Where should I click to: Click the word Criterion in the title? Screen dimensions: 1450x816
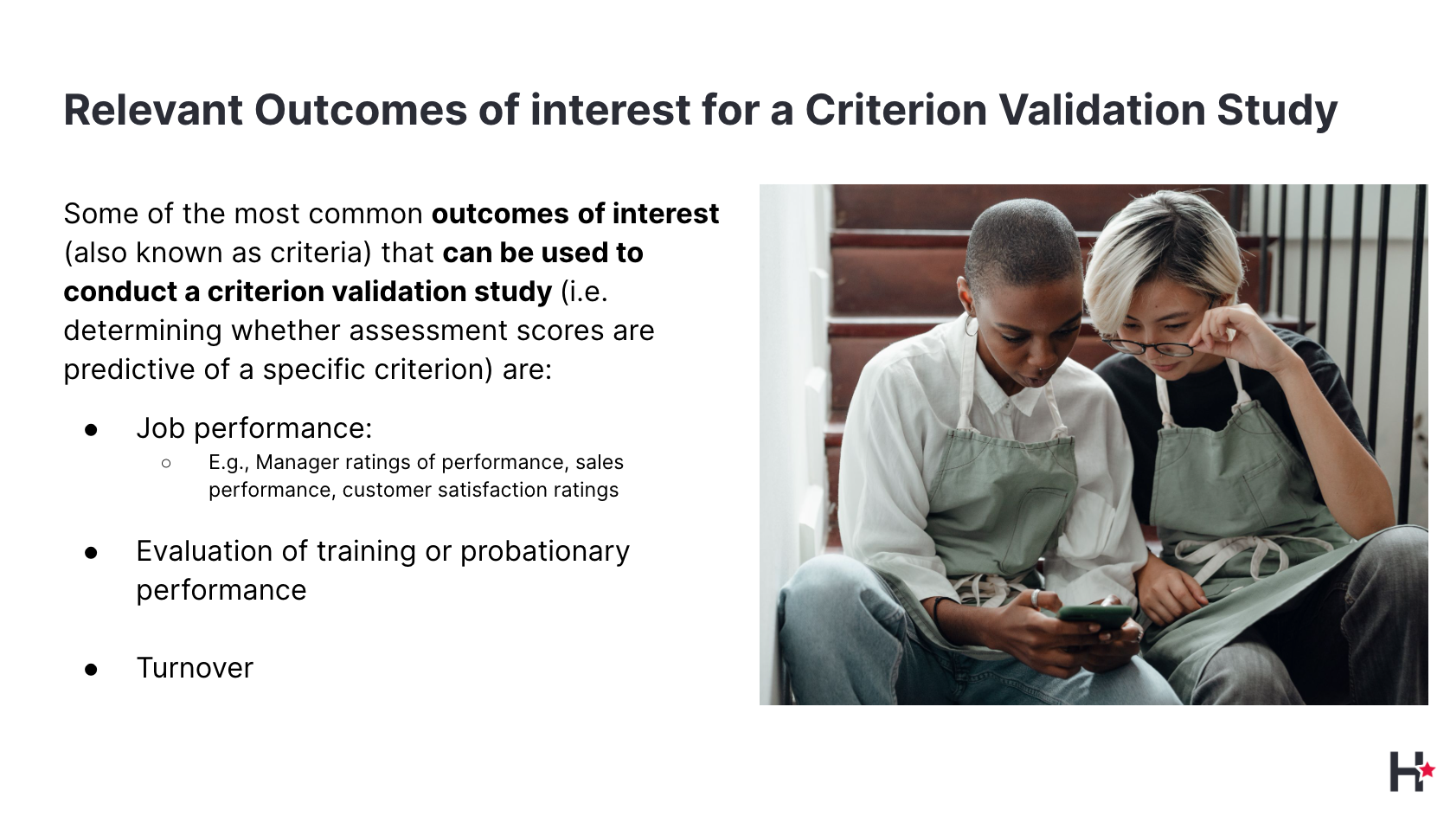pos(895,109)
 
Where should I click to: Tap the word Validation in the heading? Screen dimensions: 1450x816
pos(1101,109)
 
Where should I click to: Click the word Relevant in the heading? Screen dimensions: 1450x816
pos(153,109)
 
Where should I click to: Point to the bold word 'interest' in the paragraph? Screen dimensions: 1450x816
pos(665,213)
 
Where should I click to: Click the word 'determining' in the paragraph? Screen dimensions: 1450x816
pos(143,331)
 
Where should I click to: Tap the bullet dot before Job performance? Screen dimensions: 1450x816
pos(91,430)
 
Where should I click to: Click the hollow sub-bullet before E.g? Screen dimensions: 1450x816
pos(166,463)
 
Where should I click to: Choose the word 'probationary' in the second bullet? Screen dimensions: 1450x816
pos(544,552)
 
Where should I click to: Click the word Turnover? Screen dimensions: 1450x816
pos(195,668)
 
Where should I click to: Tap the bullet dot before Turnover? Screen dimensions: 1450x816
pos(91,670)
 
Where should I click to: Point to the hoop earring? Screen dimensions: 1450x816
pos(972,324)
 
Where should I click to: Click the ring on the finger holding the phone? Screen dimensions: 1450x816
pos(1036,598)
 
